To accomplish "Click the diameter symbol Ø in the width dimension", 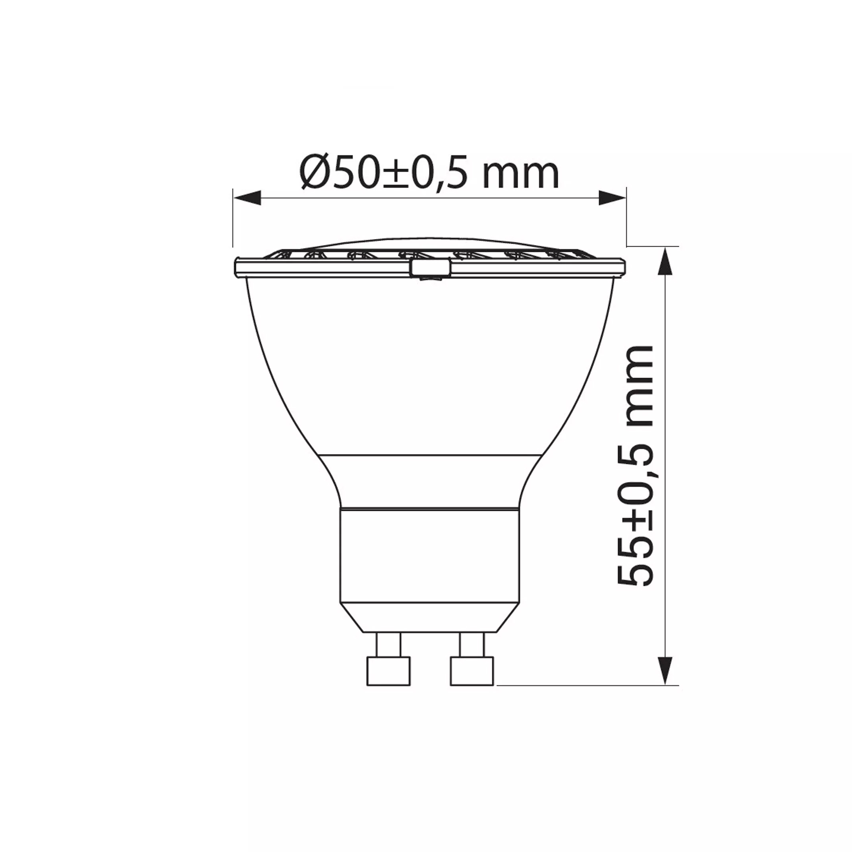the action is point(316,174).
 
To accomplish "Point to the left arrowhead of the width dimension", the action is point(247,197).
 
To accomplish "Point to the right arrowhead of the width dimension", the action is point(612,197).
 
